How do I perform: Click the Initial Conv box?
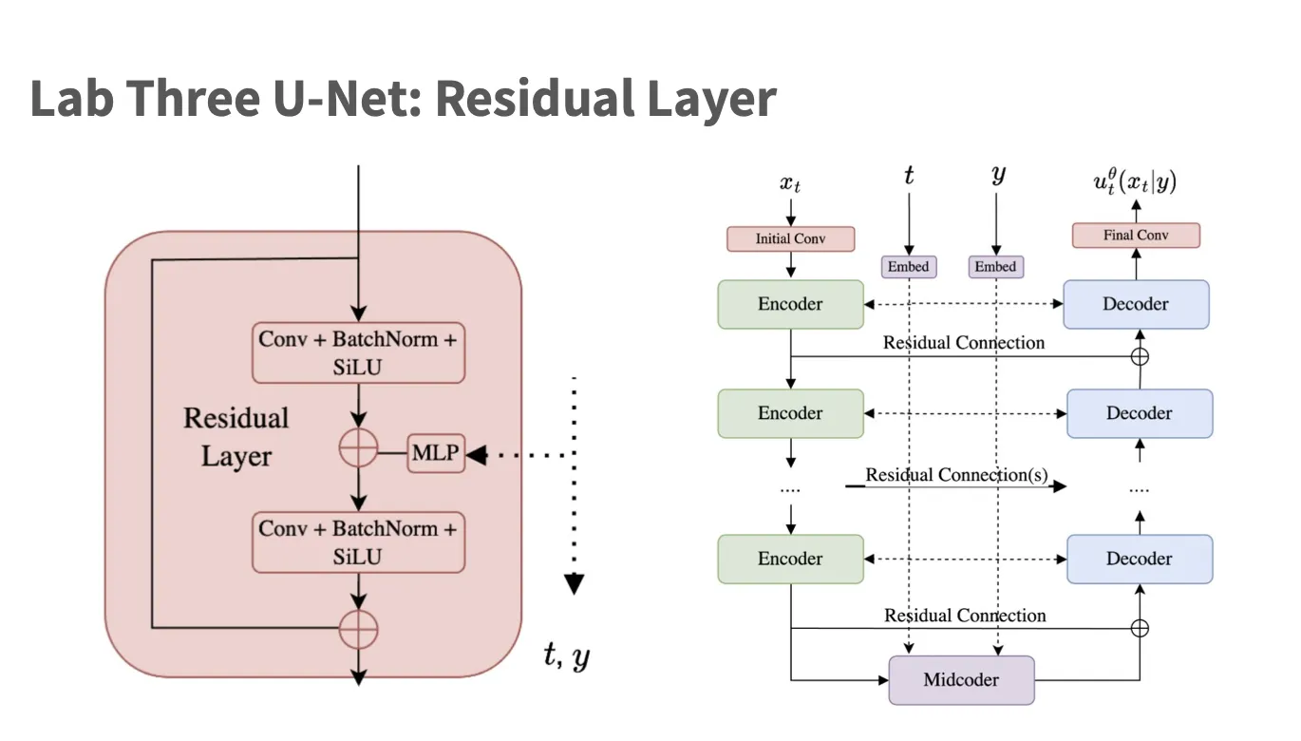point(790,238)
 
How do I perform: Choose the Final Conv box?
point(1136,235)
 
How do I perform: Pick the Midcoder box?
point(961,680)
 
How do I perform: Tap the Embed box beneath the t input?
point(909,267)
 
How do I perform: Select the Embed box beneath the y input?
point(995,267)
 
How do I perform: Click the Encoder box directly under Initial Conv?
point(790,304)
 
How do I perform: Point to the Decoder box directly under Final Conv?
point(1136,304)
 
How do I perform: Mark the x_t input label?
point(790,183)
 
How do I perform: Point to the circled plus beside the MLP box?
point(359,448)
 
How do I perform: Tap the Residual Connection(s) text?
point(956,475)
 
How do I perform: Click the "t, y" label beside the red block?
point(567,655)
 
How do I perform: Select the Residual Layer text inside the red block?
point(236,437)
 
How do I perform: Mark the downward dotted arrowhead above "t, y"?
point(574,583)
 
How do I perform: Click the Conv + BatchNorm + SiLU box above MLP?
point(359,352)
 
